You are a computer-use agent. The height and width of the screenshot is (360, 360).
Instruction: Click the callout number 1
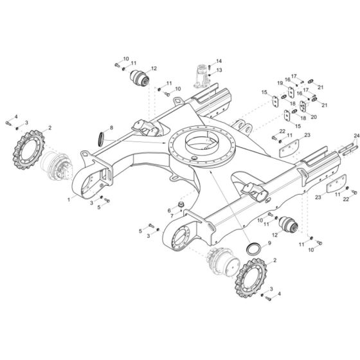click(x=69, y=201)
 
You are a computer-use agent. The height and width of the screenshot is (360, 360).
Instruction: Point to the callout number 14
click(x=219, y=60)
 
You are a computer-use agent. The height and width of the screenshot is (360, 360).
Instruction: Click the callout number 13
click(x=219, y=70)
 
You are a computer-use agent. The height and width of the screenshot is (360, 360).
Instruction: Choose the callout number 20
click(x=313, y=116)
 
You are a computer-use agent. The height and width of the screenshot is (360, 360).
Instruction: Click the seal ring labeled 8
click(x=102, y=138)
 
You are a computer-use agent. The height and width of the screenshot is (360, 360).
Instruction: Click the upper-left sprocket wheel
click(x=26, y=150)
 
